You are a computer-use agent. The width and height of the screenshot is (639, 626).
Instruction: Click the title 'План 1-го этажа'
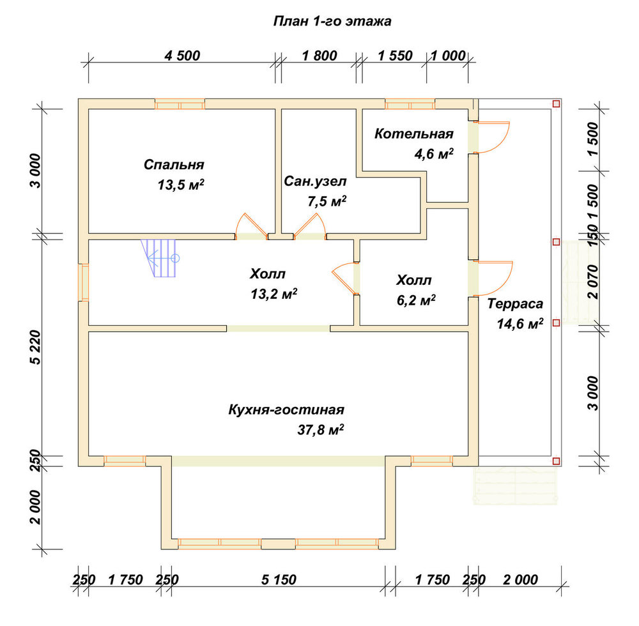click(x=332, y=21)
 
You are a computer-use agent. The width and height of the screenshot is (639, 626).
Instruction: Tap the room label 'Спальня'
click(x=174, y=165)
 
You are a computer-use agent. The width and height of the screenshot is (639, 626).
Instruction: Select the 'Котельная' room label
click(x=414, y=134)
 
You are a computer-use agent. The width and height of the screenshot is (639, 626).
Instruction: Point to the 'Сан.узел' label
click(x=315, y=181)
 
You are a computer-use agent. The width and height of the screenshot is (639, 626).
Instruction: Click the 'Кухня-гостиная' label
click(x=286, y=409)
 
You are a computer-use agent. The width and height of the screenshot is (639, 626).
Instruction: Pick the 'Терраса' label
click(x=516, y=304)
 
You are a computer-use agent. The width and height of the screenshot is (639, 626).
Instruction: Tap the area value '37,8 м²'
click(x=320, y=429)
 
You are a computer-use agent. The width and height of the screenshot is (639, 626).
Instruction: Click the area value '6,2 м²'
click(x=416, y=300)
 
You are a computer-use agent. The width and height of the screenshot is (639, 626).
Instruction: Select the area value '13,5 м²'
click(x=181, y=185)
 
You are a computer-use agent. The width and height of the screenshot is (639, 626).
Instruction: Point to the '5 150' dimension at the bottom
click(x=279, y=579)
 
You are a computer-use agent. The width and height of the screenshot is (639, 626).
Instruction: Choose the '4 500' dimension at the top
click(x=182, y=56)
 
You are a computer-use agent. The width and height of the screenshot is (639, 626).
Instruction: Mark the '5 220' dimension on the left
click(x=36, y=347)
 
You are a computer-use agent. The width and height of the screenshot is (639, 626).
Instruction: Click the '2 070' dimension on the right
click(x=594, y=282)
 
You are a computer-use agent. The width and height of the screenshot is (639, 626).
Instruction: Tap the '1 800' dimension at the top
click(x=319, y=56)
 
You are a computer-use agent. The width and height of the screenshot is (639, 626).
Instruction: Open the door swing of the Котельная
click(x=493, y=137)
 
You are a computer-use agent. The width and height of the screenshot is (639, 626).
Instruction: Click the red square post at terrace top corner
click(x=556, y=104)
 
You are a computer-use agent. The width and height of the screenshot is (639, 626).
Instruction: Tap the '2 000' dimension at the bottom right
click(x=520, y=579)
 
